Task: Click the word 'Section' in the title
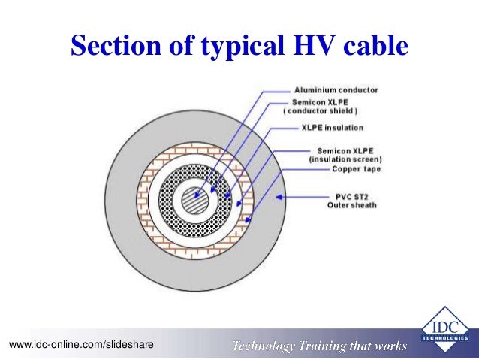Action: (113, 46)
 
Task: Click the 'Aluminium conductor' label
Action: (336, 90)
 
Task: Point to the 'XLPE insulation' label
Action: (332, 127)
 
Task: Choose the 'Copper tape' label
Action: (357, 169)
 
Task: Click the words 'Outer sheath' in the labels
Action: (351, 204)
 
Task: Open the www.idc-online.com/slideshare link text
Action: (81, 344)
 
